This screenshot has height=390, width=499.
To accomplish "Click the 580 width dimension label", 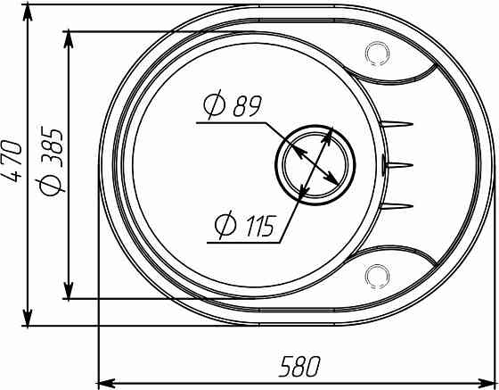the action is (x=299, y=367).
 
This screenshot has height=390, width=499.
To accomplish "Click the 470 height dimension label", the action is (x=12, y=161).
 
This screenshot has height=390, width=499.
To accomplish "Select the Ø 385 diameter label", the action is (x=50, y=162).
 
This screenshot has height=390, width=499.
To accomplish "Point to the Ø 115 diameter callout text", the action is (x=244, y=226).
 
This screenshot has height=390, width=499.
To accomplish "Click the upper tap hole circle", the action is (x=377, y=54).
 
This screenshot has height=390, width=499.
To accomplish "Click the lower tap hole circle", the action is (x=377, y=276).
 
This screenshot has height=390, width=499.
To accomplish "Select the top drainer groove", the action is (x=397, y=124).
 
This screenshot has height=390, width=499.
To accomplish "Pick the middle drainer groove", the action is (x=397, y=165).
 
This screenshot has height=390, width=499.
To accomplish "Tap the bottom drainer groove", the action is (x=397, y=206).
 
